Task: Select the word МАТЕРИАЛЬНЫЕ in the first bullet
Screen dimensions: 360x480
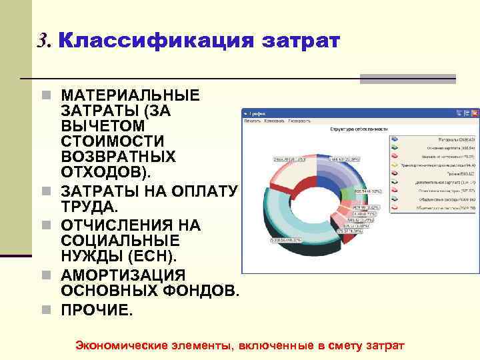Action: tap(130, 96)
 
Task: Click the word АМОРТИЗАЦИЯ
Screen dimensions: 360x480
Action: tap(123, 276)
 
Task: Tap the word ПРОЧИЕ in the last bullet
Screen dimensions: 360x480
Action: tap(97, 310)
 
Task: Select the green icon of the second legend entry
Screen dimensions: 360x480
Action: tap(395, 149)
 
